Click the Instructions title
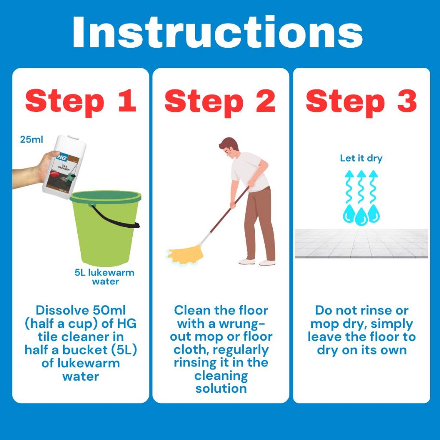pos(217,32)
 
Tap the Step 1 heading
pos(81,101)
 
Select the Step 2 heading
pos(220,101)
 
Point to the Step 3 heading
pos(361,101)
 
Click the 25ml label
pos(31,140)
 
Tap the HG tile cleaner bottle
pos(64,167)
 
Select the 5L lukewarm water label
pos(105,277)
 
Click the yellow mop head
pos(186,254)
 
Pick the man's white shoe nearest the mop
pos(247,261)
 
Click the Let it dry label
pos(361,158)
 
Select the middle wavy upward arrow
pos(361,186)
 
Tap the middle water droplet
pos(361,217)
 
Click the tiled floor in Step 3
pos(361,243)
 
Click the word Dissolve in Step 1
pos(62,310)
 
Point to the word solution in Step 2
pos(221,389)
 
